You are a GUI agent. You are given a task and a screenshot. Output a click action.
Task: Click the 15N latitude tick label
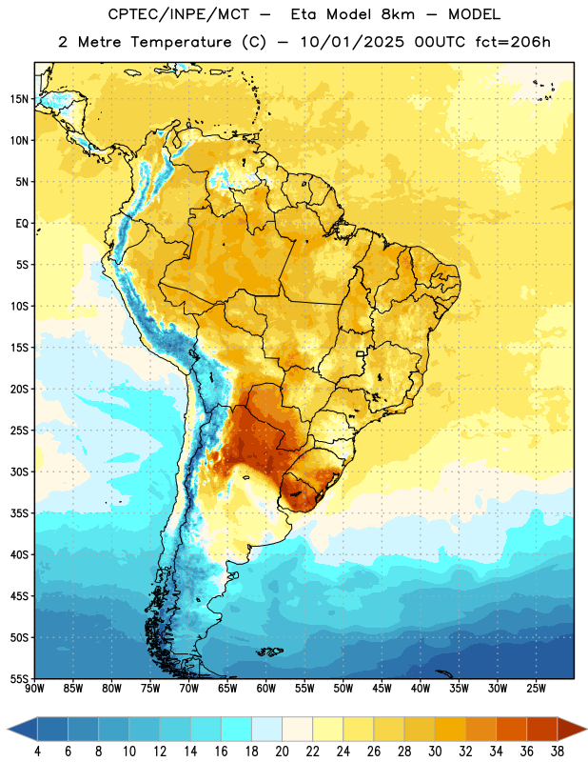click(19, 99)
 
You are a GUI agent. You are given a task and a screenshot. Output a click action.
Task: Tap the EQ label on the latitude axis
click(22, 224)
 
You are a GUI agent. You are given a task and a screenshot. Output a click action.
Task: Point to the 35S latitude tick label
click(19, 513)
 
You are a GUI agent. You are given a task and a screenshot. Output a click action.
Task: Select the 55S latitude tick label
click(19, 679)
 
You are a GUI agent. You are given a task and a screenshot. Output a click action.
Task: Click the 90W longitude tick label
click(34, 689)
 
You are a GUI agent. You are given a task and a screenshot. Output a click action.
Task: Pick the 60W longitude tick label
click(266, 689)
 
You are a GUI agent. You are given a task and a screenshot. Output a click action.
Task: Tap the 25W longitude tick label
click(536, 689)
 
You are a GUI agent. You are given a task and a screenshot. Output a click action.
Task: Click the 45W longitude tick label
click(382, 689)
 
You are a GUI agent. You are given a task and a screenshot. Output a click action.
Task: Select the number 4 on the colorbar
click(37, 752)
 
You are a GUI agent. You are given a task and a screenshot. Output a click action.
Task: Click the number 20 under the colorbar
click(282, 752)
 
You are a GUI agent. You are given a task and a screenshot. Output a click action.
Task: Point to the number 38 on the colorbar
click(558, 752)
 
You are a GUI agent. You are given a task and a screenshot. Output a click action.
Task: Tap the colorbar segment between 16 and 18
click(237, 729)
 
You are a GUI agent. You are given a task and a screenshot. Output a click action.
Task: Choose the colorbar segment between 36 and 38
click(542, 729)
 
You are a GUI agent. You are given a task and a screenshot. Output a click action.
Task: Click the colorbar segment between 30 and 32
click(451, 729)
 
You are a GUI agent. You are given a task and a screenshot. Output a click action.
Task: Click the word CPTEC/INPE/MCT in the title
click(179, 14)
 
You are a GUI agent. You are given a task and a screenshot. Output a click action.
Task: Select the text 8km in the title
click(398, 14)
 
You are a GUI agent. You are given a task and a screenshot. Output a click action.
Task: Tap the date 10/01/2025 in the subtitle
click(352, 42)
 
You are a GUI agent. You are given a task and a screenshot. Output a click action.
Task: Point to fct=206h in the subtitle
click(513, 42)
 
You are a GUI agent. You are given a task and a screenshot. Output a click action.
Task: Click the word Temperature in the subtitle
click(181, 42)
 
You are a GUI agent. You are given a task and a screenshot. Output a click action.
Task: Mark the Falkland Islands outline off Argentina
click(269, 652)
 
